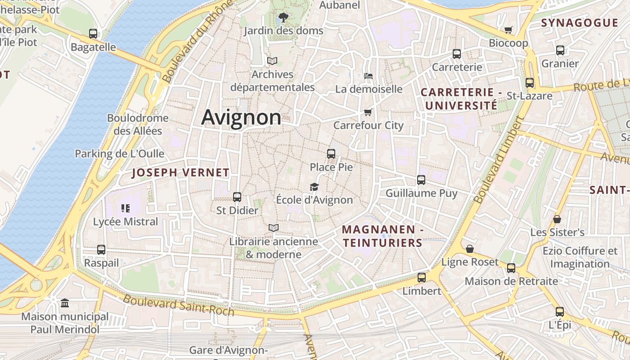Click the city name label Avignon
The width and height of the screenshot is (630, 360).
click(241, 117)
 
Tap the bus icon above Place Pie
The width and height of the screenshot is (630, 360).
click(331, 154)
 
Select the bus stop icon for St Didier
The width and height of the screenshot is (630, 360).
click(237, 197)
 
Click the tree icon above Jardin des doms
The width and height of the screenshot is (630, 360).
click(283, 18)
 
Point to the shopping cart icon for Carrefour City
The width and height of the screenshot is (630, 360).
click(368, 112)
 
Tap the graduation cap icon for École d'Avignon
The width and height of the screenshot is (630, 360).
click(314, 187)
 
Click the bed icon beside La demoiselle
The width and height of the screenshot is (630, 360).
click(368, 76)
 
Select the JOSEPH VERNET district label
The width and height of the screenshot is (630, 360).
click(180, 173)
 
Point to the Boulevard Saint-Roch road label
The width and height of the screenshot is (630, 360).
click(179, 305)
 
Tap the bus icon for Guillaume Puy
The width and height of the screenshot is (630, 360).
click(421, 180)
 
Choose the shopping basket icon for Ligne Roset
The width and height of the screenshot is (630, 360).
click(470, 249)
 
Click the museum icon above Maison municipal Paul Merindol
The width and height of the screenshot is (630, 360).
click(65, 303)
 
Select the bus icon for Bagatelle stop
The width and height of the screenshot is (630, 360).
click(93, 34)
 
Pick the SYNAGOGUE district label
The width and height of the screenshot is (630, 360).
click(580, 23)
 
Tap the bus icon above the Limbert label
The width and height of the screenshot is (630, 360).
click(421, 278)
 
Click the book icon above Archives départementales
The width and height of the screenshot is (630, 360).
click(272, 61)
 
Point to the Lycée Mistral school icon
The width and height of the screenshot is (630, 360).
click(126, 208)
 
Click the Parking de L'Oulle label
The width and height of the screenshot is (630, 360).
click(119, 153)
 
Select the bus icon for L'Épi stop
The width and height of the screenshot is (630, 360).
click(559, 311)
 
